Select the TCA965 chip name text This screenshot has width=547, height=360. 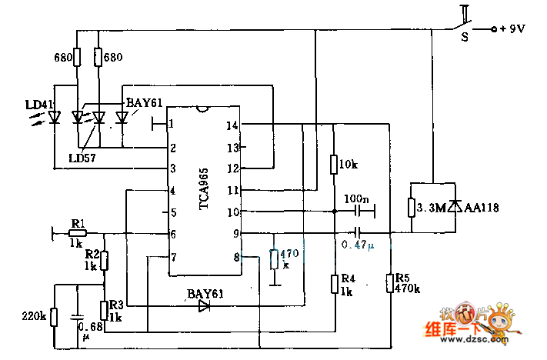click(x=204, y=188)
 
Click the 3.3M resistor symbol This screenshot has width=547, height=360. click(x=412, y=208)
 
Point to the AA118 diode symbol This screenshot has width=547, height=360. click(x=455, y=207)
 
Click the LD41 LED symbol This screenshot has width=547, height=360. click(x=54, y=118)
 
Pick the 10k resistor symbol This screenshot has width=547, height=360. click(x=335, y=165)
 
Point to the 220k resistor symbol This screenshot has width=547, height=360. click(x=54, y=315)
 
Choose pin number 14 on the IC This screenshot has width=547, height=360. click(x=232, y=125)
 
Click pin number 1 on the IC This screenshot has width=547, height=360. click(x=172, y=123)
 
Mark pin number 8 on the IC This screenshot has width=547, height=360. click(x=237, y=257)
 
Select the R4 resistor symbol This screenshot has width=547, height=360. click(x=335, y=283)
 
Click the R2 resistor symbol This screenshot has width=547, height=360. click(x=105, y=261)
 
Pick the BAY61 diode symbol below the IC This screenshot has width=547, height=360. click(x=204, y=306)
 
